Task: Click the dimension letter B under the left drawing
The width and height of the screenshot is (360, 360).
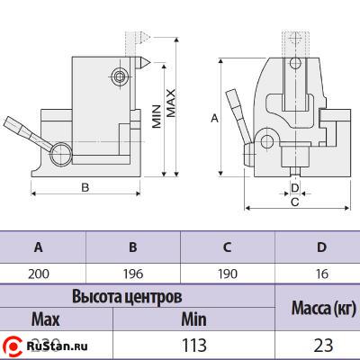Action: tap(84, 188)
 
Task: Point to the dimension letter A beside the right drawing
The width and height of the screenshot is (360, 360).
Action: tap(213, 117)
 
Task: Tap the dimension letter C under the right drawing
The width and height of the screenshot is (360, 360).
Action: tap(294, 202)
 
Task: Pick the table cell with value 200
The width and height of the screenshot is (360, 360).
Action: tap(38, 272)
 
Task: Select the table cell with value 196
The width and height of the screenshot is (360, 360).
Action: tap(132, 272)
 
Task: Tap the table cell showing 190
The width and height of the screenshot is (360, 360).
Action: tap(228, 272)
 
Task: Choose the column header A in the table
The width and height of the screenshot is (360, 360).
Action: tap(38, 247)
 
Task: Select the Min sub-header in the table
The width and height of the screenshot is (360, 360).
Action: tap(193, 319)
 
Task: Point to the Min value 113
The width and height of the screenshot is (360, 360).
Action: tap(193, 345)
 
